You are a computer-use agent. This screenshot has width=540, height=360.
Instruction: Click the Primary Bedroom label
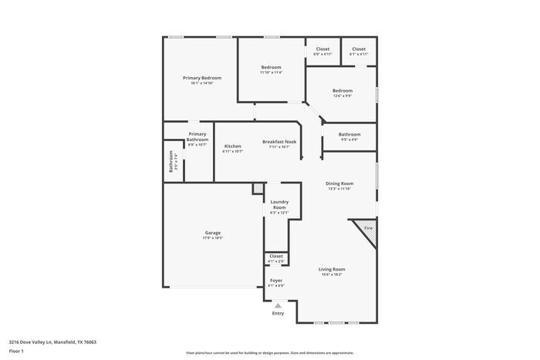(x=202, y=78)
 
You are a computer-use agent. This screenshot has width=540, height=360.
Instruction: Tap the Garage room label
(x=213, y=233)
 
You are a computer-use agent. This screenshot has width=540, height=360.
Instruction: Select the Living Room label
(x=332, y=269)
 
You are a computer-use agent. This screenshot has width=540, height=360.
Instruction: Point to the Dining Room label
(x=339, y=183)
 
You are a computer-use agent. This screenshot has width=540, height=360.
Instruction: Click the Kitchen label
(x=233, y=146)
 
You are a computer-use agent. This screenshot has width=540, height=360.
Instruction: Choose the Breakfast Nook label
(x=279, y=141)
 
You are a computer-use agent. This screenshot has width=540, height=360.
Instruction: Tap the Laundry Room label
(x=279, y=204)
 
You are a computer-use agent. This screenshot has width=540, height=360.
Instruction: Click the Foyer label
(x=276, y=280)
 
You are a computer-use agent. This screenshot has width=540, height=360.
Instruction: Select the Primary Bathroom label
(x=197, y=136)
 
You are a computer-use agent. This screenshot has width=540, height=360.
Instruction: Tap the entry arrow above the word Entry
(x=278, y=305)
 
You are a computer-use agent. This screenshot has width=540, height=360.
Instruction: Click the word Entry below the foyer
(x=278, y=313)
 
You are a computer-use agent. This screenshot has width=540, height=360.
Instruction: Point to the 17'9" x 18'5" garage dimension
(x=213, y=238)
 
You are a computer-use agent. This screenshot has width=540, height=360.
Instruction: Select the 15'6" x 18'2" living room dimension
(x=332, y=274)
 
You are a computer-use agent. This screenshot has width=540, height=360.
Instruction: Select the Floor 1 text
(x=16, y=352)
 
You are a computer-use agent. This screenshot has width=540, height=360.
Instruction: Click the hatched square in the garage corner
(x=258, y=188)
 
